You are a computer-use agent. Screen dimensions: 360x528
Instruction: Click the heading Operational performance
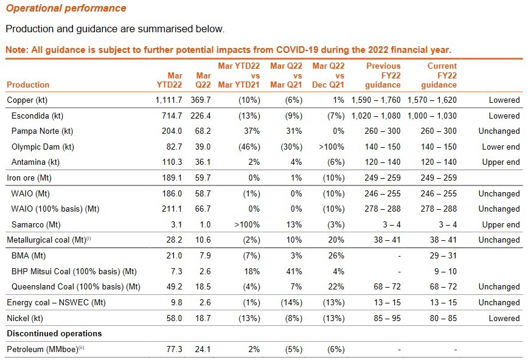click(x=66, y=9)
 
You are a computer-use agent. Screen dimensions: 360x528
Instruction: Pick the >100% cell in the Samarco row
click(x=247, y=224)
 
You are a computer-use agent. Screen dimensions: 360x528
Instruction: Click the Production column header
click(x=27, y=85)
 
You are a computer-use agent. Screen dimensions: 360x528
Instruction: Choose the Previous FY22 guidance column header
click(x=383, y=75)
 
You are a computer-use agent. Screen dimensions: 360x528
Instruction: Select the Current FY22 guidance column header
click(x=442, y=75)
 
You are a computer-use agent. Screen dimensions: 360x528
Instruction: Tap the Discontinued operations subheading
click(x=54, y=334)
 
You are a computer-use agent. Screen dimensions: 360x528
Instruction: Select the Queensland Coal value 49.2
click(x=174, y=286)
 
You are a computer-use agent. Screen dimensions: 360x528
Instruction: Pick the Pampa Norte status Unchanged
click(x=499, y=131)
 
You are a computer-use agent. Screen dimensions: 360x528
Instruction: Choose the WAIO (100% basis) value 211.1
click(x=173, y=209)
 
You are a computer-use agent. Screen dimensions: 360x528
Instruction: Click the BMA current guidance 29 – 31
click(x=442, y=255)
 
